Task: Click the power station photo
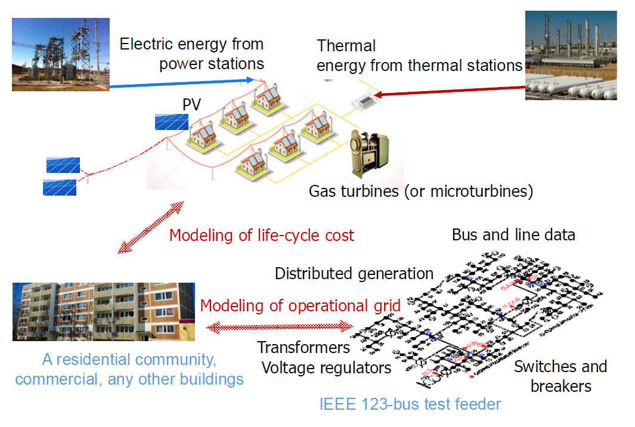60,54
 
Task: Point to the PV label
191,106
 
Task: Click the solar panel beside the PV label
171,122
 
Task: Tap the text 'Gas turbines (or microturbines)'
420,191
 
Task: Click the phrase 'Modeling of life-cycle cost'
261,235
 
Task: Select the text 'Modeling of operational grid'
300,306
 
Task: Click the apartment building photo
103,312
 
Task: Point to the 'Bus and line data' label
513,234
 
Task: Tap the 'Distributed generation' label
354,274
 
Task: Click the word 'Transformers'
303,347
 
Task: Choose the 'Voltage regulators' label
326,367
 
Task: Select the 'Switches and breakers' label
560,376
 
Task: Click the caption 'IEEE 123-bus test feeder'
410,404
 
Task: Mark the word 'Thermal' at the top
346,45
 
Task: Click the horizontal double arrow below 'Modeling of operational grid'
279,327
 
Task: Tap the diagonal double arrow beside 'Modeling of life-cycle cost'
151,228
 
